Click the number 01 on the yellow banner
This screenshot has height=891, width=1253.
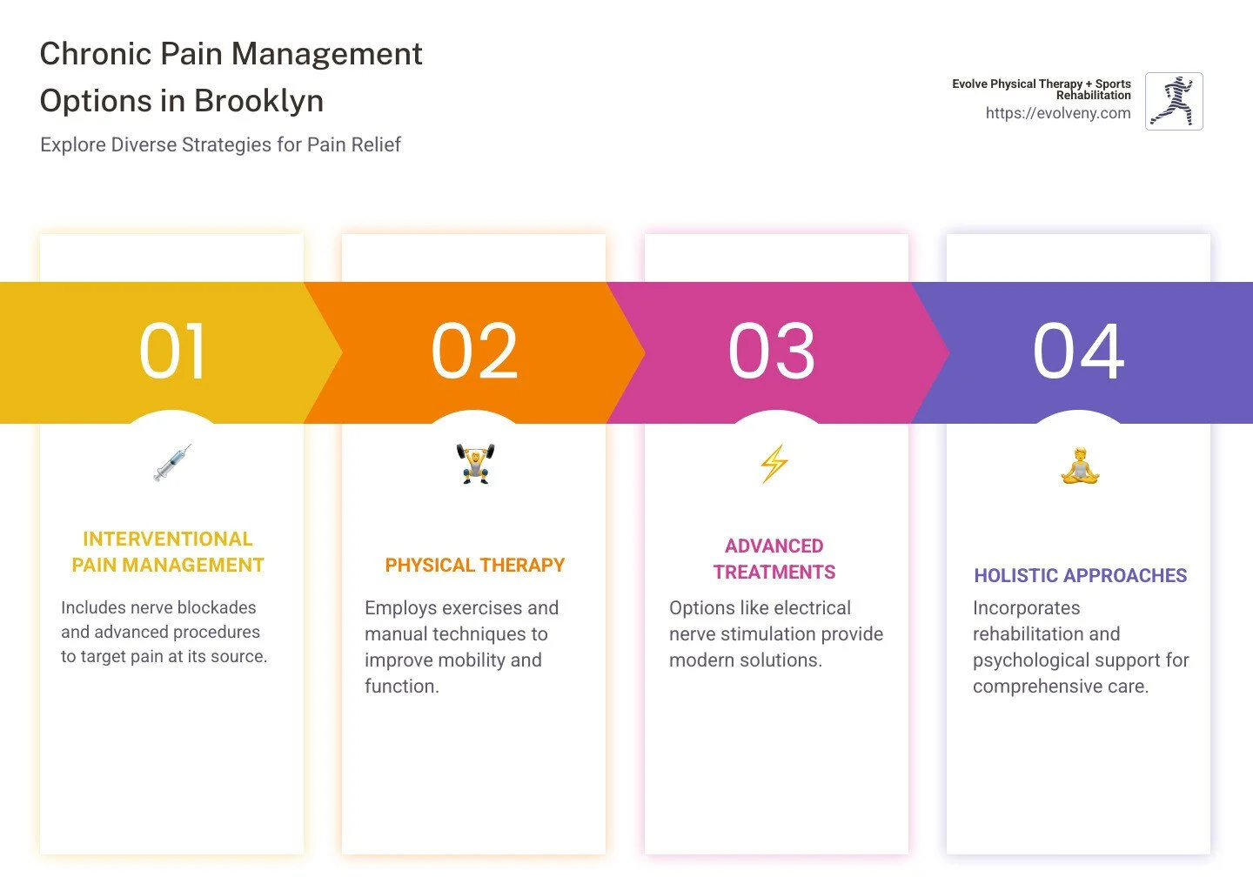[172, 352]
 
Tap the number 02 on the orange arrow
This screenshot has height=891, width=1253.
[474, 352]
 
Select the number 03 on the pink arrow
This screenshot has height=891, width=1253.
[772, 352]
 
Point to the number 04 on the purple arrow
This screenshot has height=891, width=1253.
[1078, 352]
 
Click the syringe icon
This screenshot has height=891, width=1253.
[172, 463]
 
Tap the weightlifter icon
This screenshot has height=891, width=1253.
[475, 463]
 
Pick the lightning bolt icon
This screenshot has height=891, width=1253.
[774, 464]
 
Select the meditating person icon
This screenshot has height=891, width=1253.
[1080, 466]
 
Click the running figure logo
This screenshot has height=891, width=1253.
[1174, 101]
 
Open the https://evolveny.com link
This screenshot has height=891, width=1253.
[1057, 113]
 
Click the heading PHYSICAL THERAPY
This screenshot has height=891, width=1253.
[474, 566]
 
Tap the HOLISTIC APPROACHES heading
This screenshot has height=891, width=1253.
[1080, 576]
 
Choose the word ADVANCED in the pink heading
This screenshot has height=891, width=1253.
[774, 546]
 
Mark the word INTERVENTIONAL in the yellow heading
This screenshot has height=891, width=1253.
[167, 539]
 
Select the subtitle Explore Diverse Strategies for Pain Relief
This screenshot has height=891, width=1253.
[220, 145]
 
